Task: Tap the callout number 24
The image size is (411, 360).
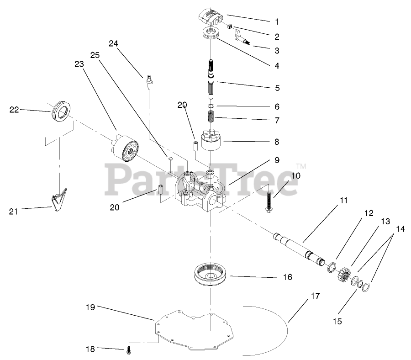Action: [113, 43]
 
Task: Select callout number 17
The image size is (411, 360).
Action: [315, 296]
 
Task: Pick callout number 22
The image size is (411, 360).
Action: [14, 109]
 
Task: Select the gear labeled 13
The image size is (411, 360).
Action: [346, 275]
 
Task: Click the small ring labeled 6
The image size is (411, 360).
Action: [211, 107]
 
